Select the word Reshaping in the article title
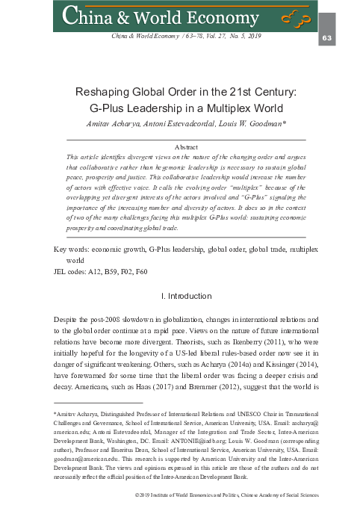tap(115, 92)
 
